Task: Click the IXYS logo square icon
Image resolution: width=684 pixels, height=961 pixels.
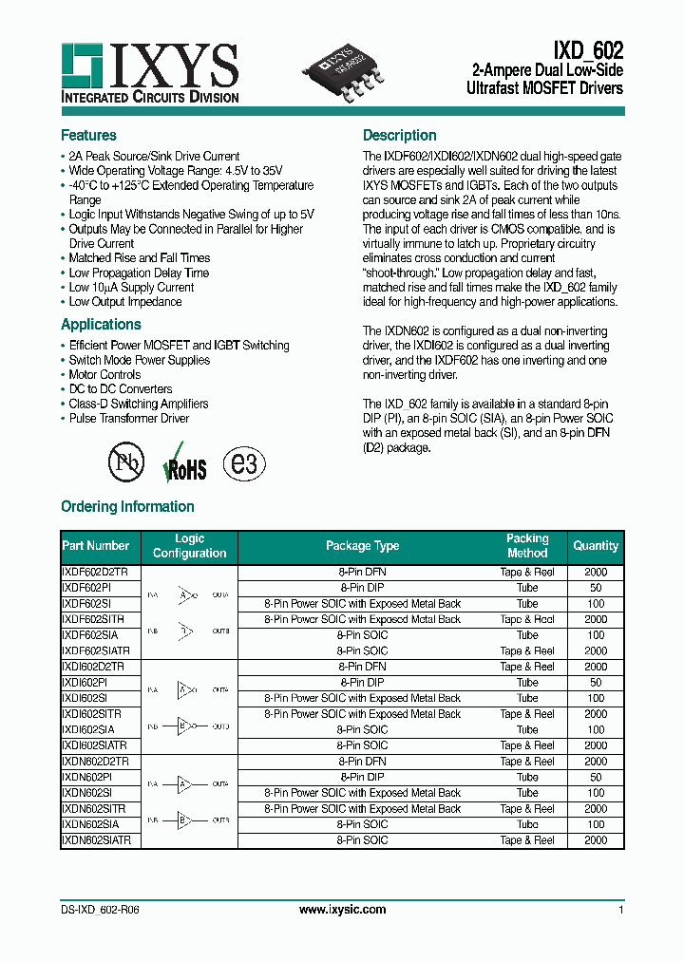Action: pyautogui.click(x=82, y=65)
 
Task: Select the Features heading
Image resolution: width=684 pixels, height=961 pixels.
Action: pyautogui.click(x=88, y=136)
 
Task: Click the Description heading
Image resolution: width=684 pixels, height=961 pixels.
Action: pyautogui.click(x=399, y=136)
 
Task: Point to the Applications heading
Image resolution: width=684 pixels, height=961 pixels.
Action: pyautogui.click(x=101, y=325)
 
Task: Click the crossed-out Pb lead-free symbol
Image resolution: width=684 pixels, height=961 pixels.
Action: pyautogui.click(x=125, y=464)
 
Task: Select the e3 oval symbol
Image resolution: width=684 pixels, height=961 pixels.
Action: pyautogui.click(x=244, y=464)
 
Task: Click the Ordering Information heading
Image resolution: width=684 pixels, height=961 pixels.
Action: pyautogui.click(x=127, y=507)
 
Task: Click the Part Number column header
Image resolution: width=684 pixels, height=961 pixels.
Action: pyautogui.click(x=95, y=546)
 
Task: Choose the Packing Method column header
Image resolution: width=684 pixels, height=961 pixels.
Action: pyautogui.click(x=527, y=546)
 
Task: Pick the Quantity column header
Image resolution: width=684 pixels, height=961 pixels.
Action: pyautogui.click(x=596, y=546)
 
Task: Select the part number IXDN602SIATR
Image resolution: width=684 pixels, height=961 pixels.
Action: pyautogui.click(x=97, y=840)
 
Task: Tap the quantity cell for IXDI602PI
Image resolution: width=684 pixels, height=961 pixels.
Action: pyautogui.click(x=596, y=683)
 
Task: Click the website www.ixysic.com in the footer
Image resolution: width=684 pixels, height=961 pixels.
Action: pyautogui.click(x=342, y=910)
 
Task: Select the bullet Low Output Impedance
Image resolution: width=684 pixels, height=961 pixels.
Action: pyautogui.click(x=124, y=302)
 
